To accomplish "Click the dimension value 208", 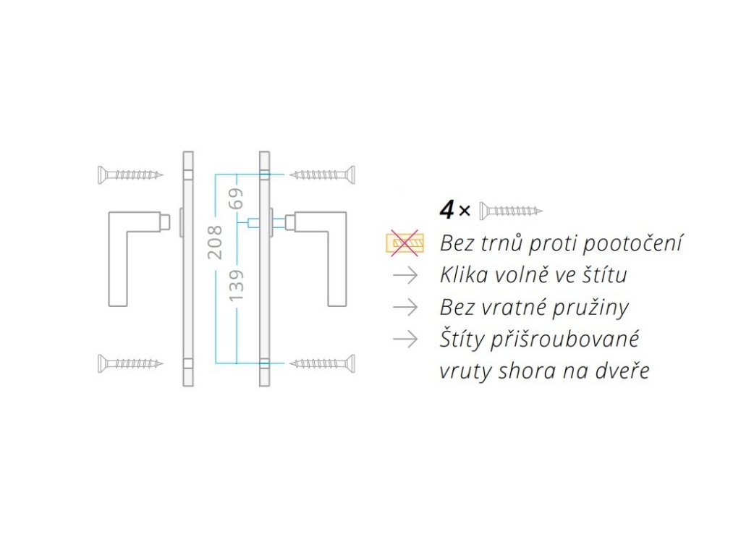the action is (215, 242).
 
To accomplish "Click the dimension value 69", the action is (236, 198).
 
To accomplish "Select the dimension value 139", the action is (236, 285).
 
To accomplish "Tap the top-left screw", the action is (130, 175).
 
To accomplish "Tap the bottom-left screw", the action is (130, 363).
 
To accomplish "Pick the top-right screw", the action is (322, 175).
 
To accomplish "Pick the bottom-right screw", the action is (322, 363).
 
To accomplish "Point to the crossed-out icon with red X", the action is (405, 243).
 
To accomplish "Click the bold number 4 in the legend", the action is (446, 209).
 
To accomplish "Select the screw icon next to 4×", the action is (511, 211).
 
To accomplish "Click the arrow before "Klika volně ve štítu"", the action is (405, 275).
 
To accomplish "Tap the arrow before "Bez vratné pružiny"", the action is (405, 307).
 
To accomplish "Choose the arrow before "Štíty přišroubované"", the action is (405, 339).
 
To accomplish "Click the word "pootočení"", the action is (632, 243).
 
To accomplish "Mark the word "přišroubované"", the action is (564, 340).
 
